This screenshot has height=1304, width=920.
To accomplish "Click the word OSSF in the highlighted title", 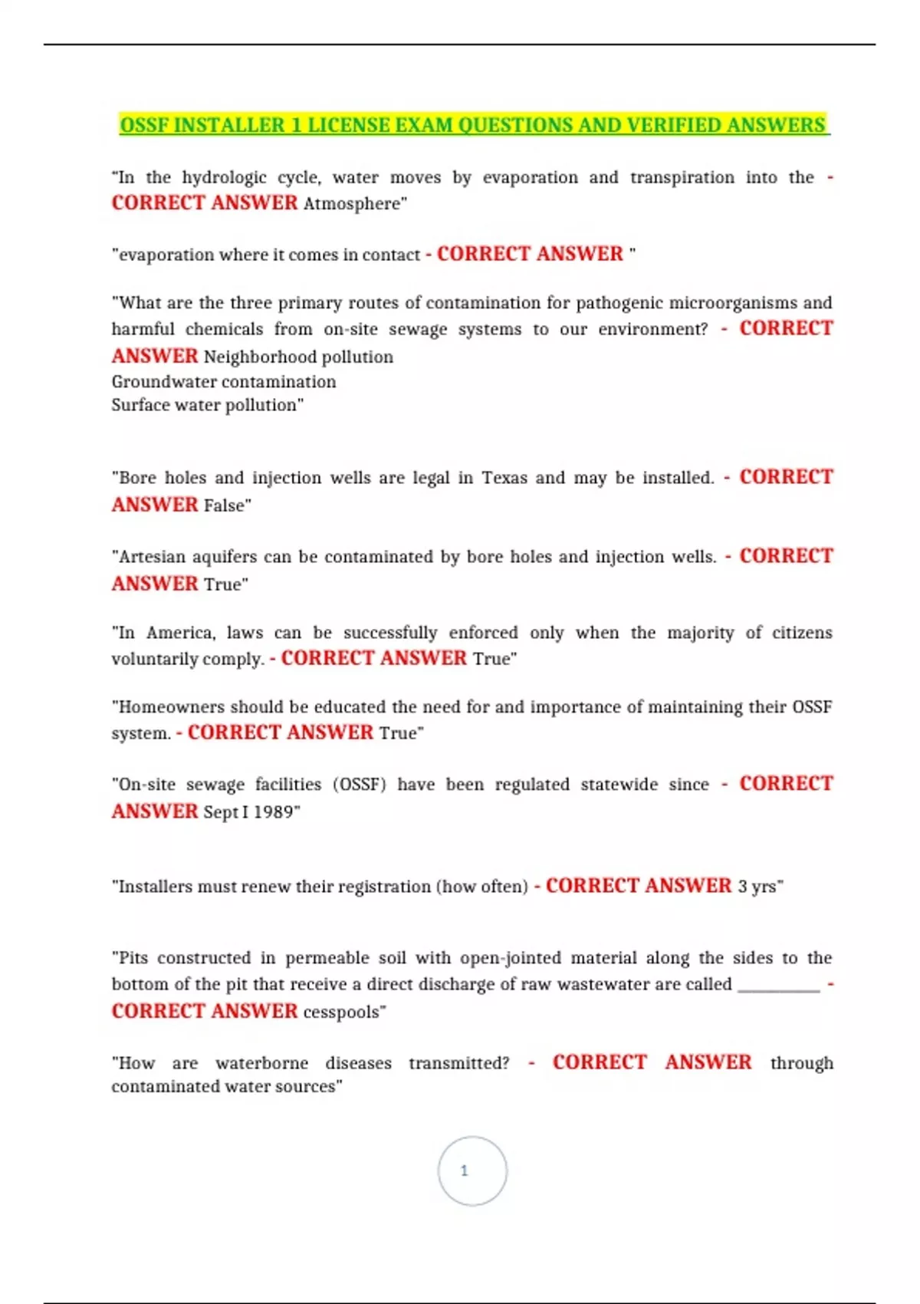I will click(145, 125).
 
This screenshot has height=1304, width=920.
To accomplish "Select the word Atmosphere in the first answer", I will click(353, 204).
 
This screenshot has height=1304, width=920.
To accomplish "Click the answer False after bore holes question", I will click(225, 505).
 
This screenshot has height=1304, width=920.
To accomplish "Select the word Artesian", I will click(152, 557).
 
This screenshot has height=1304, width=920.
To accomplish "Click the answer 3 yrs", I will click(757, 887).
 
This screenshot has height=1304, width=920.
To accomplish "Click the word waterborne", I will click(261, 1064).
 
